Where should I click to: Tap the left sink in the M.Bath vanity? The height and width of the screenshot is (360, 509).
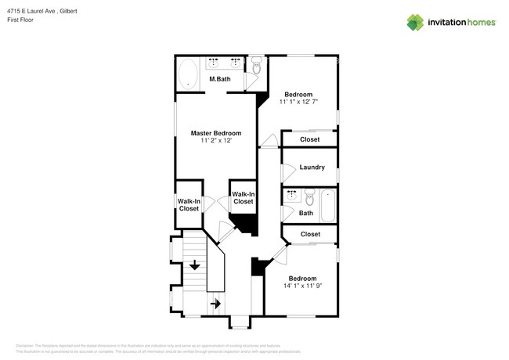[x=214, y=63]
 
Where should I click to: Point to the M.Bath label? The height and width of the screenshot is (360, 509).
[x=219, y=79]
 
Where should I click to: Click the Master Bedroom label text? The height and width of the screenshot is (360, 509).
[x=216, y=133]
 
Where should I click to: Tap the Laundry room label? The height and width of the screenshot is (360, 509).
[x=312, y=167]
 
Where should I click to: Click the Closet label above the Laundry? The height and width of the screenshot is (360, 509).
[x=310, y=140]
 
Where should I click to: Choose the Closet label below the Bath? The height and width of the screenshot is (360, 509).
[x=310, y=234]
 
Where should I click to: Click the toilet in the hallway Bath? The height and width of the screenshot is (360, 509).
[x=309, y=196]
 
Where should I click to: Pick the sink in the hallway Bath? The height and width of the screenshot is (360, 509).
[x=291, y=194]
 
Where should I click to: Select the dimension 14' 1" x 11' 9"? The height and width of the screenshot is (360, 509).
[x=302, y=286]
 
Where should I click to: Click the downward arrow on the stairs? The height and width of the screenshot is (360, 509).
[x=194, y=267]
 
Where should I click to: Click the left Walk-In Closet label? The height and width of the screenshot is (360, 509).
[x=189, y=205]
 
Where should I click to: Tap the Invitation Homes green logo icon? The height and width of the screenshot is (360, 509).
[x=415, y=22]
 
